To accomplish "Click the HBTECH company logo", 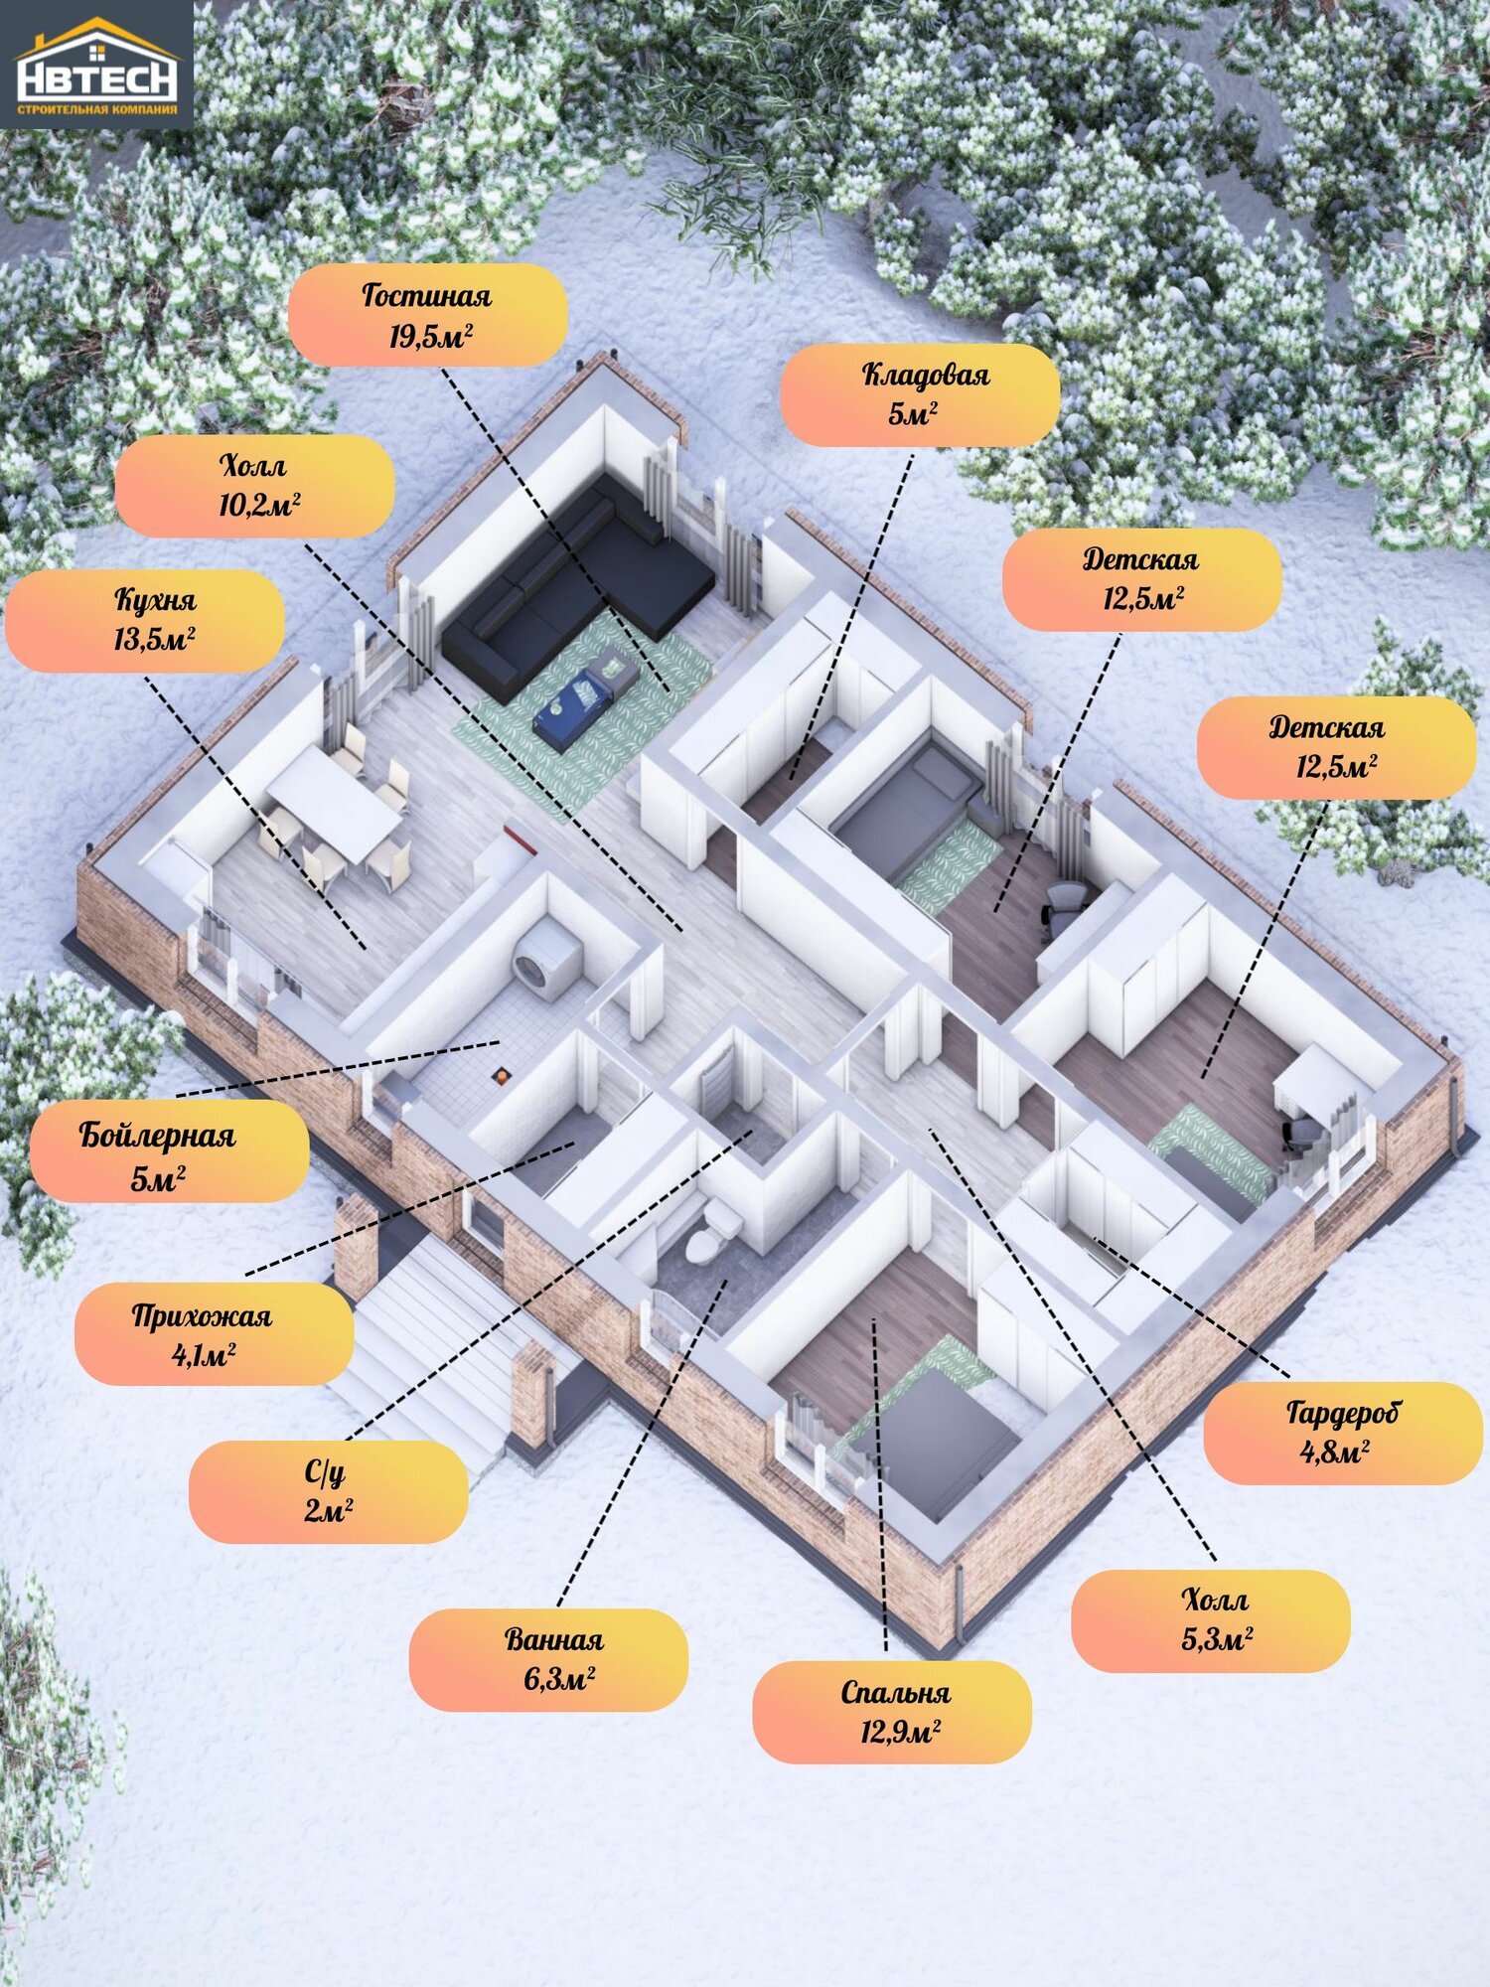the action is click(x=96, y=66).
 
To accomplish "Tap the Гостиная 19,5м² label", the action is click(x=427, y=315).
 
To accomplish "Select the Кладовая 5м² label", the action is click(x=919, y=394).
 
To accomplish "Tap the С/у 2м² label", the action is click(x=328, y=1490).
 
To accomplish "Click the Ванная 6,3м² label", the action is click(x=548, y=1659).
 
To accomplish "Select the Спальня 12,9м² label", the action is click(x=892, y=1711).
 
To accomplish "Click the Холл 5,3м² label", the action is click(x=1210, y=1619).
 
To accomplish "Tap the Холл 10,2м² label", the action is click(x=254, y=486).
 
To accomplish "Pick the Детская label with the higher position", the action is click(x=1141, y=579).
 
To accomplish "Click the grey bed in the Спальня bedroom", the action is click(x=939, y=1441).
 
